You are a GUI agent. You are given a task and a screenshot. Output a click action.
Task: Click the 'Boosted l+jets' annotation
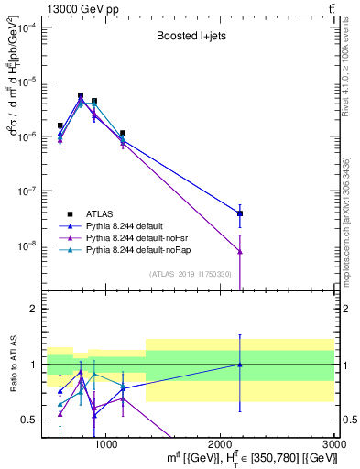coord(190,38)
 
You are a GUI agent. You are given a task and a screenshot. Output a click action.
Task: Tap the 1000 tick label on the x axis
coord(106,444)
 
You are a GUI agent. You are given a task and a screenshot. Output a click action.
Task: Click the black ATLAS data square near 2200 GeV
coord(240,213)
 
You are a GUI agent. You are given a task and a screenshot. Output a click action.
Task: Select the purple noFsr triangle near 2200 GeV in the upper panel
coord(240,251)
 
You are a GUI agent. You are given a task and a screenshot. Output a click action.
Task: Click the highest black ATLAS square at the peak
coord(81,95)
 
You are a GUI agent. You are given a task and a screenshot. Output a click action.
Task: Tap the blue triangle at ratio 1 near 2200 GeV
coord(240,365)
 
